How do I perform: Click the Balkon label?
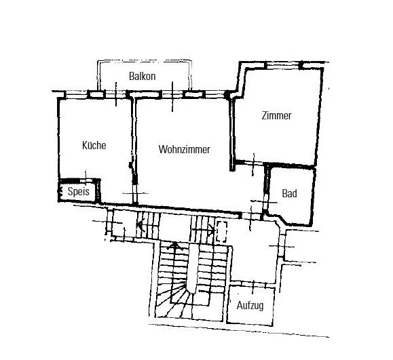[142, 76]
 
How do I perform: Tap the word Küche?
[94, 145]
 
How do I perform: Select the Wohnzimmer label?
[184, 149]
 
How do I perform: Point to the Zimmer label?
[276, 116]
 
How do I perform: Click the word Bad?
[289, 193]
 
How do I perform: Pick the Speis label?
[79, 191]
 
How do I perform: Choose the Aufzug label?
[250, 306]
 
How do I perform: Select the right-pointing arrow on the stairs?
[203, 230]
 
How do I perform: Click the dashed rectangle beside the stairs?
[221, 232]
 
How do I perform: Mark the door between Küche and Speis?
[86, 180]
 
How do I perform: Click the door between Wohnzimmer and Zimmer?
[254, 163]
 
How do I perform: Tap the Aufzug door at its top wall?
[253, 283]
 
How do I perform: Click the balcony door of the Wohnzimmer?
[172, 94]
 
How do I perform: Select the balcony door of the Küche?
[115, 94]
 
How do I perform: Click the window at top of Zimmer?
[282, 66]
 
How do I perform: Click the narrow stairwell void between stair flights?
[192, 268]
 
